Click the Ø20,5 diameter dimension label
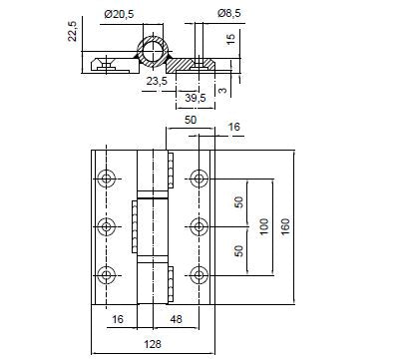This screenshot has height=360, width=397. tap(119, 14)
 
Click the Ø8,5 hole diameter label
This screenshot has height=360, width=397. tap(229, 13)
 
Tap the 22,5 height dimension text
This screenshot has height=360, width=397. tap(72, 31)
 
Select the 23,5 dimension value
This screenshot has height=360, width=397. tap(157, 81)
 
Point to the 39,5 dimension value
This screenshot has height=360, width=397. tap(196, 98)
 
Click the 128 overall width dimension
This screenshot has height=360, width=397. tap(153, 344)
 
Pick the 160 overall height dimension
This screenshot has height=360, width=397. tap(285, 226)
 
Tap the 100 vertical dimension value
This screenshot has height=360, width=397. tap(263, 226)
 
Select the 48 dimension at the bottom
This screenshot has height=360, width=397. tap(176, 319)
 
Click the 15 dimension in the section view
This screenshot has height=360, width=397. tap(230, 39)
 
